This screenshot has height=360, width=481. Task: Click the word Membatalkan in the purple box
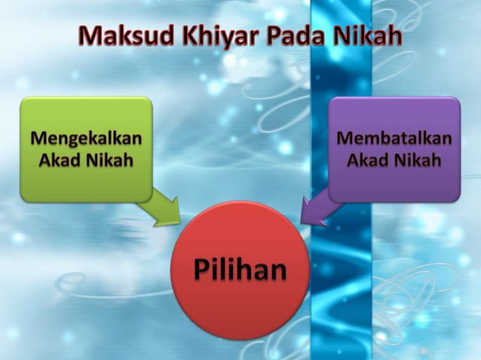394,139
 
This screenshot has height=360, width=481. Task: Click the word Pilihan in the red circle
240,270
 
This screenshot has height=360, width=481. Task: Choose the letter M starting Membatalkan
344,139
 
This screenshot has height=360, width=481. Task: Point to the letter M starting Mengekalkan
36,139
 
